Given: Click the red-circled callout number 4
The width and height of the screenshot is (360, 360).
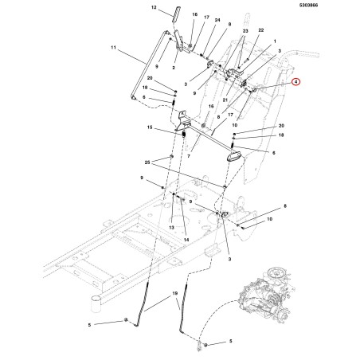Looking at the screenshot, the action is coord(295,82).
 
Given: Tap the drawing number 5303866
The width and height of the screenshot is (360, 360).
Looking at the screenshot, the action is coord(309,5).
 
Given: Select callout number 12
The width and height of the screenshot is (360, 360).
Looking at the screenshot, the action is coord(154,7).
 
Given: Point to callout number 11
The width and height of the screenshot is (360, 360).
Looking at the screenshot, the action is coord(113,48).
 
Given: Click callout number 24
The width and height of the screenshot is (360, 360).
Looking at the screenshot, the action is coord(217,20).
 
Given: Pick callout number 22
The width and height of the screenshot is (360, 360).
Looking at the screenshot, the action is coord(261,30).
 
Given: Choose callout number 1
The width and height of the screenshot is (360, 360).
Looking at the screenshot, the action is coord(275,41).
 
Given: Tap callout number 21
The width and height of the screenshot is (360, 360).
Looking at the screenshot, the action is coord(225,100).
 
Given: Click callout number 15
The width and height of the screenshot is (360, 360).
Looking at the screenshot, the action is coord(150,127).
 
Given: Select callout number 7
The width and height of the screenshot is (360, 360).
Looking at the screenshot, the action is coord(189,156).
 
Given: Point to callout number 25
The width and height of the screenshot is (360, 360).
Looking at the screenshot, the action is coord(147,162).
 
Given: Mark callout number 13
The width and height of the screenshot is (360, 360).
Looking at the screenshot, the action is coord(171,228).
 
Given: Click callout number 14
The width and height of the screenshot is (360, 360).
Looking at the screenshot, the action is coord(186,240).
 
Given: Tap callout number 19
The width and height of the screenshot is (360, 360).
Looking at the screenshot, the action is coord(174,293).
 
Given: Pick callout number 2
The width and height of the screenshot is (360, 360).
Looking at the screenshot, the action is coord(174,68).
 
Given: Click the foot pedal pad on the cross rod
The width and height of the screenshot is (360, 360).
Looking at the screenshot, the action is coord(234,155).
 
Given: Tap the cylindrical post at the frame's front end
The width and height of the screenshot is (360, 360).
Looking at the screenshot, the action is coord(96,305).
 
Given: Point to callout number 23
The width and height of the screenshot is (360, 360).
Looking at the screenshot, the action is coord(245,31).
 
